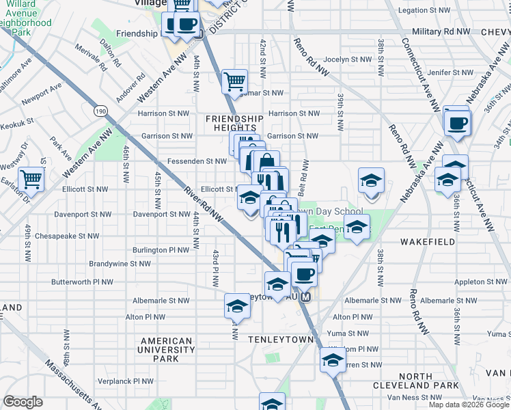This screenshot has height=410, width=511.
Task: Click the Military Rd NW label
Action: pyautogui.click(x=441, y=32)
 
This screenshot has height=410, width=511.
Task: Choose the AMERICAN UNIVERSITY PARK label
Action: pyautogui.click(x=166, y=349)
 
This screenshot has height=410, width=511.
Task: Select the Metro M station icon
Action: pyautogui.click(x=306, y=297)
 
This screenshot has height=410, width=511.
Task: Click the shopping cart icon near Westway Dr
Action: pyautogui.click(x=31, y=180)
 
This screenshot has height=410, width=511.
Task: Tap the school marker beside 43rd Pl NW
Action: pyautogui.click(x=236, y=306)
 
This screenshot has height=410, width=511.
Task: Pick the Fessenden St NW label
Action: pyautogui.click(x=197, y=161)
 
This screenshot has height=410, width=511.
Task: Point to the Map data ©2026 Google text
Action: pyautogui.click(x=468, y=405)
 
